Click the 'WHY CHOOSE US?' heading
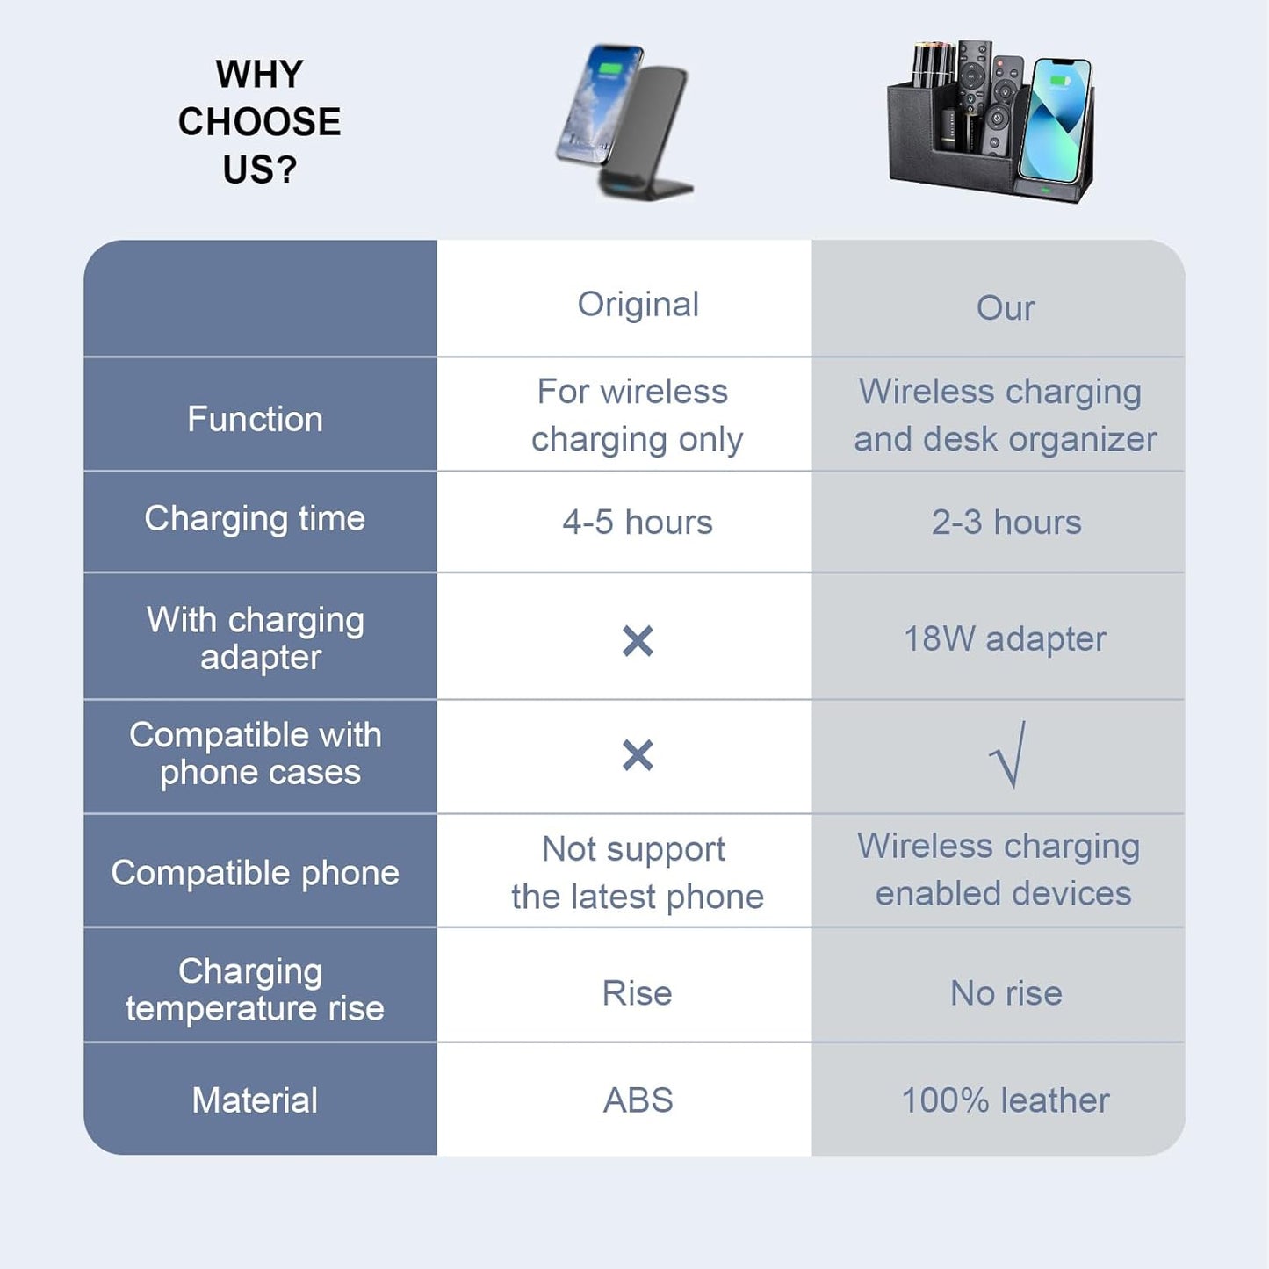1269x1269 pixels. pyautogui.click(x=259, y=122)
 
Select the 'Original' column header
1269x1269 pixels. pyautogui.click(x=638, y=305)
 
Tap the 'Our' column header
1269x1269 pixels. pyautogui.click(x=1006, y=308)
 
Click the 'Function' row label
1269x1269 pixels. pyautogui.click(x=255, y=419)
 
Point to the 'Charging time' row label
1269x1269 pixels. pyautogui.click(x=255, y=519)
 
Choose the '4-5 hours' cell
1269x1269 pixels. pyautogui.click(x=638, y=523)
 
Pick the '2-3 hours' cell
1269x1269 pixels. pyautogui.click(x=1006, y=523)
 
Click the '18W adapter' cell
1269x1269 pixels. pyautogui.click(x=1005, y=639)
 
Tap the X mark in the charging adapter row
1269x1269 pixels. pyautogui.click(x=638, y=641)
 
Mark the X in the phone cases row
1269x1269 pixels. pyautogui.click(x=638, y=755)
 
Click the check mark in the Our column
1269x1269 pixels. pyautogui.click(x=1007, y=755)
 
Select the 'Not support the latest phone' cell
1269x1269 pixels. pyautogui.click(x=637, y=873)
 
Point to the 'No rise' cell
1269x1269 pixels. pyautogui.click(x=1006, y=993)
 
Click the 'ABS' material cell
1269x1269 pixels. pyautogui.click(x=638, y=1100)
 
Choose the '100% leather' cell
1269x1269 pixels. pyautogui.click(x=1006, y=1100)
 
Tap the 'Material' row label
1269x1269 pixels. pyautogui.click(x=255, y=1100)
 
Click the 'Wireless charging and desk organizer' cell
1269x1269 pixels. pyautogui.click(x=1005, y=415)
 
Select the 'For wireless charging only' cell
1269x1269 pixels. pyautogui.click(x=637, y=415)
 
